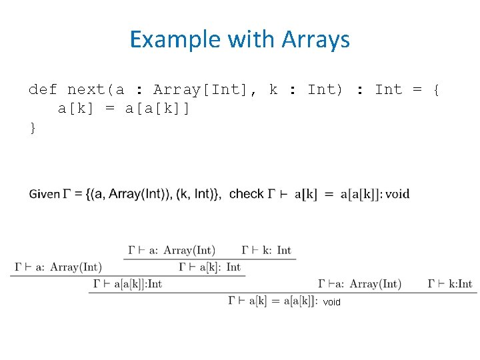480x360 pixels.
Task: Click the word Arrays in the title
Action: pyautogui.click(x=315, y=40)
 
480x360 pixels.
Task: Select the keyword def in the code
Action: pyautogui.click(x=43, y=89)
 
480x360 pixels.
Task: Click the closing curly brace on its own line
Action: pyautogui.click(x=33, y=127)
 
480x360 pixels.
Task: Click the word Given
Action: pyautogui.click(x=44, y=194)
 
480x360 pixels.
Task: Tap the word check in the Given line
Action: pyautogui.click(x=246, y=194)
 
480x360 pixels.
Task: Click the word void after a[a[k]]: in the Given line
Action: pyautogui.click(x=397, y=194)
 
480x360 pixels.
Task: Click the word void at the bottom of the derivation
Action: pyautogui.click(x=331, y=302)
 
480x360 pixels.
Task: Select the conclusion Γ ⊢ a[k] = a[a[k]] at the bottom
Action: pyautogui.click(x=272, y=301)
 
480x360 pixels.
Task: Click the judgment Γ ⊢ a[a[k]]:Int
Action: pyautogui.click(x=127, y=284)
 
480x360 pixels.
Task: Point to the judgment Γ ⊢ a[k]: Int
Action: pyautogui.click(x=210, y=267)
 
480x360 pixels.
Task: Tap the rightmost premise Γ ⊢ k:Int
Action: pyautogui.click(x=450, y=284)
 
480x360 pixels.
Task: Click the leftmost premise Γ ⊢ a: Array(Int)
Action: pyautogui.click(x=57, y=267)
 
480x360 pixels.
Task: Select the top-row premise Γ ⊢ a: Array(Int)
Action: pyautogui.click(x=171, y=251)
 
